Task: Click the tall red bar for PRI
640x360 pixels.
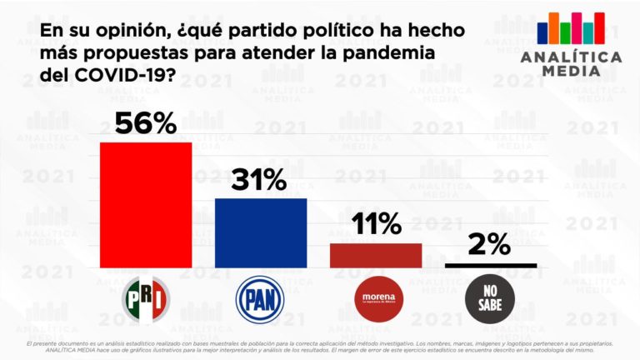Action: click(x=146, y=205)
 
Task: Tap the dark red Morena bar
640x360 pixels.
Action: click(x=376, y=255)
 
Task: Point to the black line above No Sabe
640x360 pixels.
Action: click(x=491, y=266)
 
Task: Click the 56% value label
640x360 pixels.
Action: click(x=146, y=123)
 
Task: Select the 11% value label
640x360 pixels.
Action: click(x=376, y=224)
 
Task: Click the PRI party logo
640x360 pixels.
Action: click(x=146, y=299)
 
